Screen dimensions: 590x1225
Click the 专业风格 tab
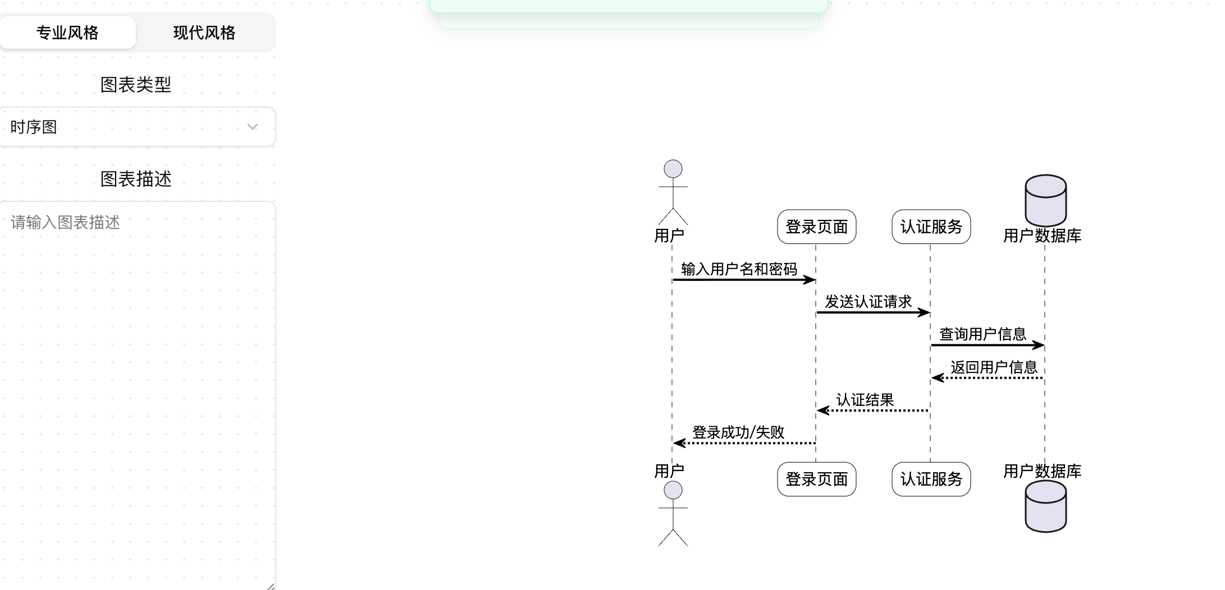tap(67, 33)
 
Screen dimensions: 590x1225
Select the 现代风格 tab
tap(204, 33)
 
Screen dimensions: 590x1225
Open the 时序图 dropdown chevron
tap(253, 127)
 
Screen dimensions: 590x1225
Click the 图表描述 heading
tap(135, 179)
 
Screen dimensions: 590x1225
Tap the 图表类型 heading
tap(135, 85)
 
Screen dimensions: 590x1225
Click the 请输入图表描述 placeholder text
tap(65, 223)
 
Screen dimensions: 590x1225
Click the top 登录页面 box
tap(816, 227)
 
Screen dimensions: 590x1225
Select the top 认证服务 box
tap(931, 227)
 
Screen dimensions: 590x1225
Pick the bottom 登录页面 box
tap(816, 479)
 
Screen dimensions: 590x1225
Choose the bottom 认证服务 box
tap(931, 479)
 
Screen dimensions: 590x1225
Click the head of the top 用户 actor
tap(673, 169)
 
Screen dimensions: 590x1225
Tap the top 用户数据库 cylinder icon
tap(1045, 200)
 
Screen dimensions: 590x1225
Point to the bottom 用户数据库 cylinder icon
tap(1045, 506)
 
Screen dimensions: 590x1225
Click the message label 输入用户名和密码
tap(739, 269)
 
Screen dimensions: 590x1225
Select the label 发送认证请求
tap(868, 302)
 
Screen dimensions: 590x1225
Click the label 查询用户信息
tap(982, 334)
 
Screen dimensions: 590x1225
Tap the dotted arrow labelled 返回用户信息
tap(988, 378)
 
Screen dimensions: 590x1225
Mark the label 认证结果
tap(865, 400)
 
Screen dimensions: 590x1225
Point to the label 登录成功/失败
tap(738, 432)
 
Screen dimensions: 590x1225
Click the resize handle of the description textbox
tap(271, 586)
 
